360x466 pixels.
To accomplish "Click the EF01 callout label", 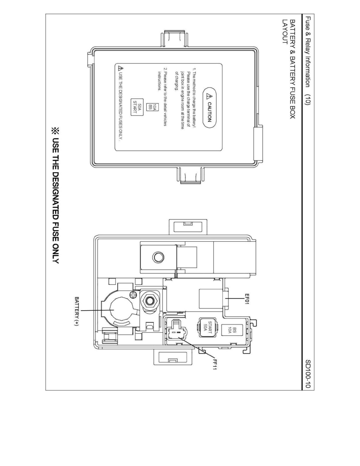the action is click(247, 299).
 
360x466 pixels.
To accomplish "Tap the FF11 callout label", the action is click(215, 364).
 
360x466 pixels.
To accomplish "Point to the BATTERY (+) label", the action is click(76, 311).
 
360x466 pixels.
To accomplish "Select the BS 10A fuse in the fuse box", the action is click(232, 330).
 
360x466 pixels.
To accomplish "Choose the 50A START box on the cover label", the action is click(137, 107).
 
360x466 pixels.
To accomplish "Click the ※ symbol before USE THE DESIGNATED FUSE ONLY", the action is click(56, 131).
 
